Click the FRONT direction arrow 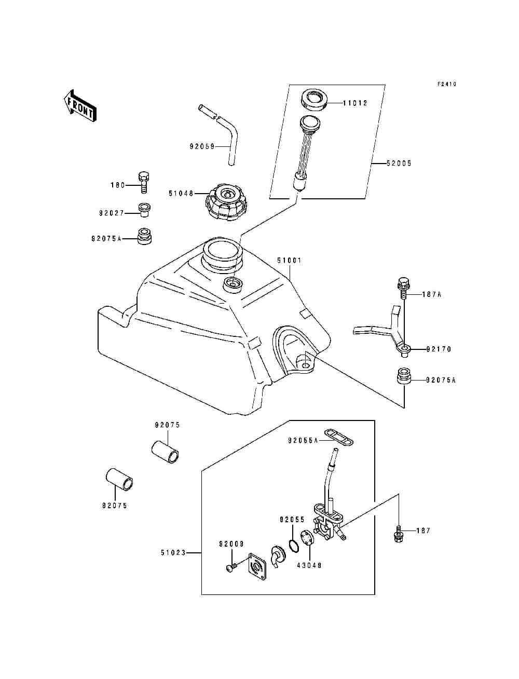(x=80, y=106)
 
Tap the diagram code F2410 (x=447, y=84)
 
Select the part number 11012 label (x=355, y=103)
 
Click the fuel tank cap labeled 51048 (x=226, y=202)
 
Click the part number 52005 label (x=399, y=164)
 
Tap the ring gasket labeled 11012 (x=314, y=99)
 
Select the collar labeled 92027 (x=144, y=210)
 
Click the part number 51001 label (x=289, y=260)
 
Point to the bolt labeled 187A (x=403, y=288)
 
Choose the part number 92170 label (x=439, y=349)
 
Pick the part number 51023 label (x=173, y=552)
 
